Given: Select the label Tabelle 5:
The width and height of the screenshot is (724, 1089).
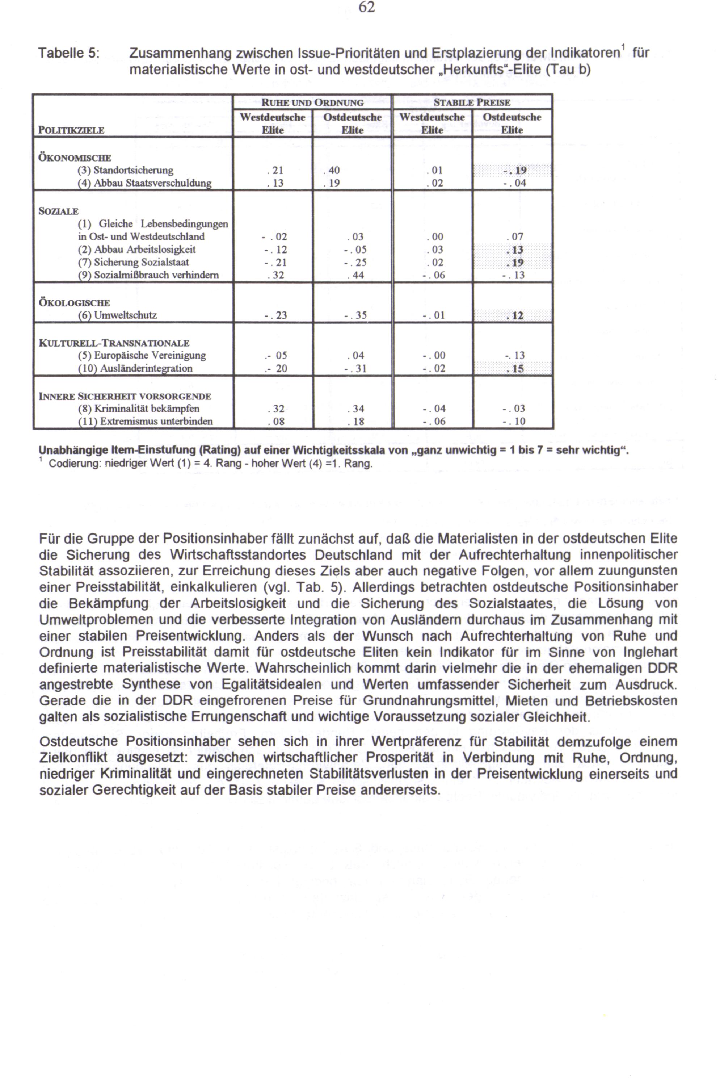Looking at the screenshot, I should pyautogui.click(x=68, y=54).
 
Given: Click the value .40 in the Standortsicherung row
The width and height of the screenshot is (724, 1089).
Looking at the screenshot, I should pyautogui.click(x=332, y=171).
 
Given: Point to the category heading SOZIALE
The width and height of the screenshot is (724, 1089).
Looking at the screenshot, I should pyautogui.click(x=59, y=211).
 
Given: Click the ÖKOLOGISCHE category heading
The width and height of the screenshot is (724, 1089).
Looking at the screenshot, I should pyautogui.click(x=74, y=303).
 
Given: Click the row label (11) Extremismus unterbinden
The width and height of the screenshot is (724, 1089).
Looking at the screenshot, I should pyautogui.click(x=145, y=422).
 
